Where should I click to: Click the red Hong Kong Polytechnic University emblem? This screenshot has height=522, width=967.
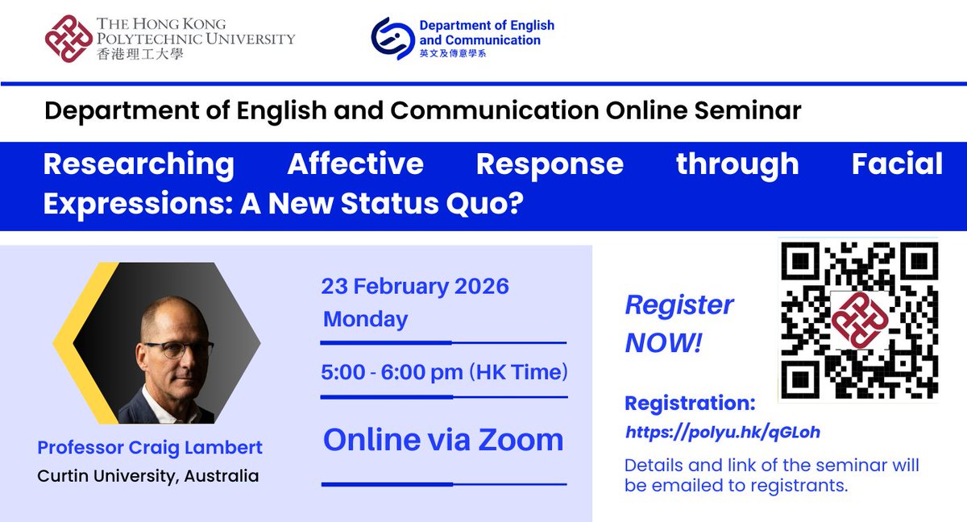point(68,39)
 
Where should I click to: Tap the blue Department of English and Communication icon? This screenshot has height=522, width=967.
point(392,39)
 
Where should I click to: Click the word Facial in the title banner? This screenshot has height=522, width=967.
point(897,164)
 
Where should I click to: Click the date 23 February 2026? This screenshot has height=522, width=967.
point(415,286)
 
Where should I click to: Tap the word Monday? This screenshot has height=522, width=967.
point(365,319)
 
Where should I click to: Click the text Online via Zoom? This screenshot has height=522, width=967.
point(443,440)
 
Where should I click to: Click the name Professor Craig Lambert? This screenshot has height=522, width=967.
point(150,447)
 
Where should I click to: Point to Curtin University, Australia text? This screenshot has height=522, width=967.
point(148,476)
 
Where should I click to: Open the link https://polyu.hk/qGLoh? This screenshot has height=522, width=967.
point(722,433)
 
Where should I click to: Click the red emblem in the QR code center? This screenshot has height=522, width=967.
point(858,319)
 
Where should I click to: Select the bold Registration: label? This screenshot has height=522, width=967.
point(690,403)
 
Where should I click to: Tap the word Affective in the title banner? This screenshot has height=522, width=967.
point(355,164)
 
